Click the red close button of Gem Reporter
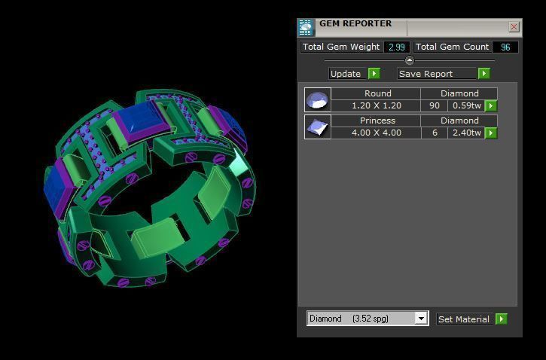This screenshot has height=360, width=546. pos(514,27)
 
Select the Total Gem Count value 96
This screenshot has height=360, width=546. pos(505,47)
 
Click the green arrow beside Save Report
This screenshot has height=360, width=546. pos(483,73)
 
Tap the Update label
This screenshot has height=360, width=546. pos(346,74)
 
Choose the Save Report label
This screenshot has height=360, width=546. pos(426,74)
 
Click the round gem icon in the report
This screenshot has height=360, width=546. pos(317,99)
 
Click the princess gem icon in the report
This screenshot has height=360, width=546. pos(317,127)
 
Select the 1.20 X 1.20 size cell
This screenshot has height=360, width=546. pos(377,106)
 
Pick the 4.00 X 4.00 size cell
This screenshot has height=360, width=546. pos(377,133)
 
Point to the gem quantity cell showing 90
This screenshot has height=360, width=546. pos(434,106)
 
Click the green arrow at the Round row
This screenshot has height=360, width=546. pos(491,106)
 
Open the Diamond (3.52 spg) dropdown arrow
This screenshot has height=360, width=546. pos(421,319)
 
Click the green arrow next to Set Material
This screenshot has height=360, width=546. pos(502,319)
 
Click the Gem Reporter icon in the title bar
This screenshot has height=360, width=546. pos(306,28)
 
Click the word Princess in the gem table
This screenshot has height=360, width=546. pos(377,121)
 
